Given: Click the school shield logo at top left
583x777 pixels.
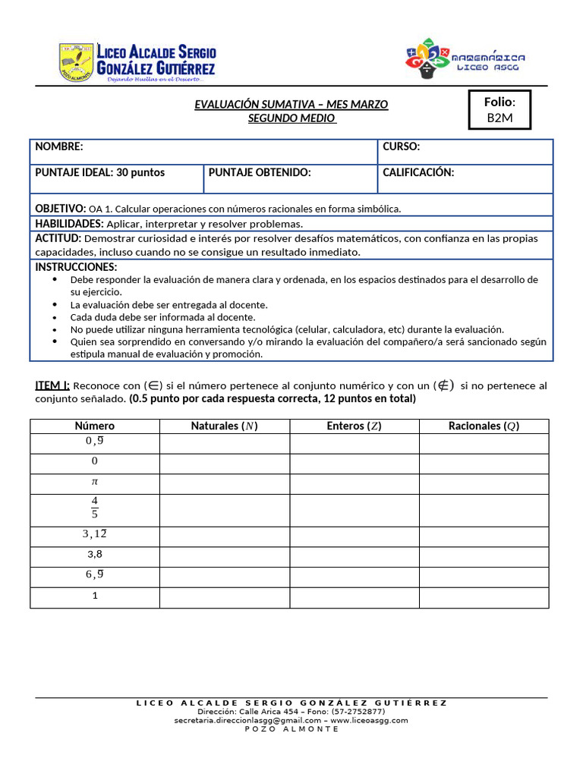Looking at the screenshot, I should point(77,61).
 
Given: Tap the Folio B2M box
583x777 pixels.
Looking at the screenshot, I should point(499,110).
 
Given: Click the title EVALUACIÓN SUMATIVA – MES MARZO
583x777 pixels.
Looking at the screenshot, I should point(291,105).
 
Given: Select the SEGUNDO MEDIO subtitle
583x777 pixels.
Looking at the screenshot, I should point(292,118).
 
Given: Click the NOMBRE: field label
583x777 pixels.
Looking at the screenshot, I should point(59,147).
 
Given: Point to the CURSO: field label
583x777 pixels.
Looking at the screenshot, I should point(401,147).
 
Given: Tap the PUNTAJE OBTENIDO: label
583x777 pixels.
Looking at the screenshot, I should point(260,173).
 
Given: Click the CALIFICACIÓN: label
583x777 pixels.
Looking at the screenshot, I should point(418,173).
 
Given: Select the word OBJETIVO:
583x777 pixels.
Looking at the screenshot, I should point(61,209).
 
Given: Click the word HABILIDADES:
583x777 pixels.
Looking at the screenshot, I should point(70,224).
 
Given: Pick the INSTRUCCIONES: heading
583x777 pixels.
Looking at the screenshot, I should point(76,267).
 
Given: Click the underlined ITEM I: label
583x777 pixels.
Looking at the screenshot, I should point(52,385).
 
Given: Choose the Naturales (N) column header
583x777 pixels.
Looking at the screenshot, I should point(225,426).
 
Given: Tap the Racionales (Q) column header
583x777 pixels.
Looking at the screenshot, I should point(484,426).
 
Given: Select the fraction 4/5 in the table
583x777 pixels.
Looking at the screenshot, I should point(95,508).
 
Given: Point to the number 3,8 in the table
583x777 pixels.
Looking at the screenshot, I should point(95,555).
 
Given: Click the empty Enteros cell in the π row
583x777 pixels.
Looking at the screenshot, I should point(355,484).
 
